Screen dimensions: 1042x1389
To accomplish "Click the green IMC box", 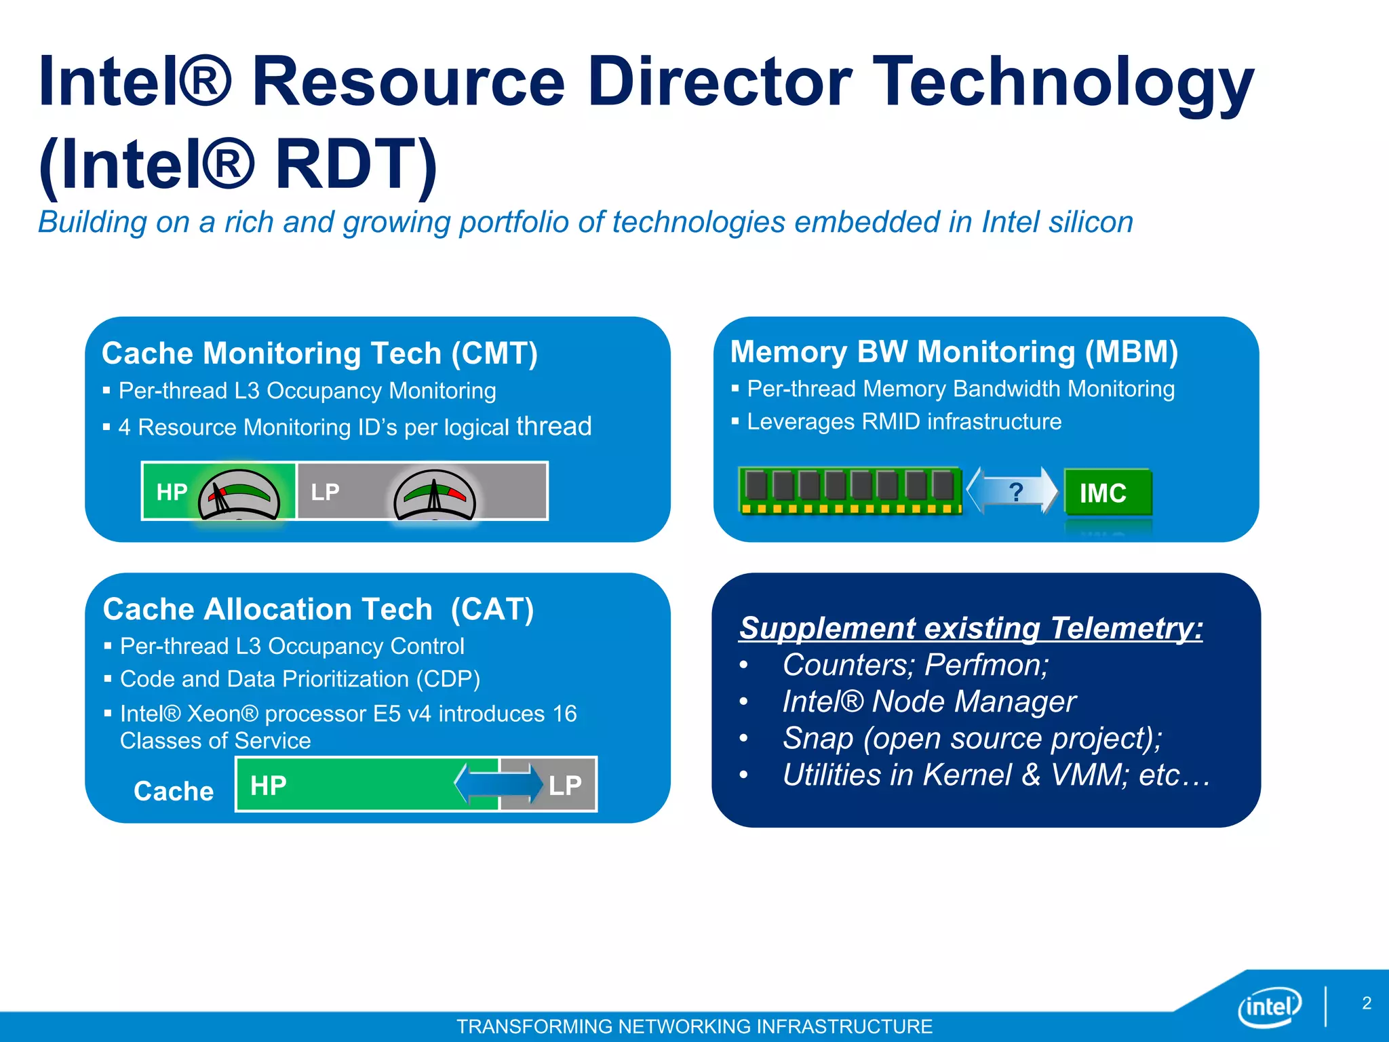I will [x=1107, y=493].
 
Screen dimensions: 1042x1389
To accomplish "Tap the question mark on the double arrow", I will [x=1015, y=491].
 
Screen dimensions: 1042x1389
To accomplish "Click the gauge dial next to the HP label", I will [x=239, y=495].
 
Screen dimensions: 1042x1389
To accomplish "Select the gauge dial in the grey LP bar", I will [x=435, y=495].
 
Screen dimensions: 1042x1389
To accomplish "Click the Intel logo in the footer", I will [x=1269, y=1007].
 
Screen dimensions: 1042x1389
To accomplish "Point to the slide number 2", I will [x=1367, y=1003].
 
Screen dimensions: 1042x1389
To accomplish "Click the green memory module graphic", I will [x=850, y=490].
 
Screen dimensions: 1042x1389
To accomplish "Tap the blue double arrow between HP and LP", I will [x=498, y=784].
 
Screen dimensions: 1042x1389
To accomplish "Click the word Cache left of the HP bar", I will [x=174, y=791].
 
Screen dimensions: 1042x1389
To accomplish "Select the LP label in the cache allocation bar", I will [x=565, y=786].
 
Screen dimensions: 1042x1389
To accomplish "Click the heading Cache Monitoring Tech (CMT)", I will [x=319, y=353].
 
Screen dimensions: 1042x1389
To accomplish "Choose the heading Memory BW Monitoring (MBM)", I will [x=954, y=351].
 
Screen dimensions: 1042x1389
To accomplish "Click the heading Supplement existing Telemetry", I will [x=971, y=628].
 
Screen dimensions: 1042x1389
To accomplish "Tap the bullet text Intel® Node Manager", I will [x=929, y=701].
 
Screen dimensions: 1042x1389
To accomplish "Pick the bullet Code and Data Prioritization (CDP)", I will [x=300, y=679].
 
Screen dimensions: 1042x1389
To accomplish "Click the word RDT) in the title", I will [x=356, y=165].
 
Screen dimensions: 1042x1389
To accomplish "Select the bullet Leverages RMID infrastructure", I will [x=903, y=422].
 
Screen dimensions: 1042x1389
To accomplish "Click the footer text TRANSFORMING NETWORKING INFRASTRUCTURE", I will [x=694, y=1026].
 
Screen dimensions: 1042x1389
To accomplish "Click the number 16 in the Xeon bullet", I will [x=564, y=714].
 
